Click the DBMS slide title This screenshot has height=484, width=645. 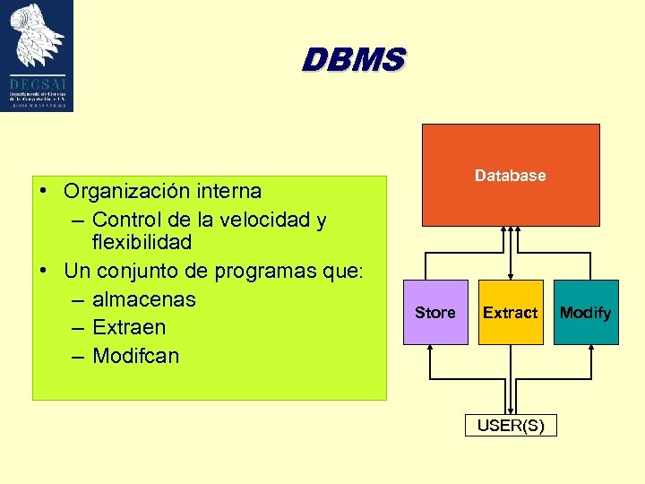coord(353,60)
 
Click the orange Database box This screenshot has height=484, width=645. coord(510,175)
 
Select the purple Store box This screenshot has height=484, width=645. coord(435,312)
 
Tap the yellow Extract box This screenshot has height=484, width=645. coord(510,312)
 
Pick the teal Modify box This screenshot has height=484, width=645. coord(585,312)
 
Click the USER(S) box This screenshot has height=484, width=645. coord(510,425)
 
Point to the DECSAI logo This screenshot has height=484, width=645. coord(38,56)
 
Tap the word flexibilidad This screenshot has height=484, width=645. coord(142,242)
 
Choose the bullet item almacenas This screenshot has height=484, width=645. coord(143,298)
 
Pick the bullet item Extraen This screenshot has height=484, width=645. coord(128,327)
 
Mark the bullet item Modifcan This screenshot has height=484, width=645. coord(135,356)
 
